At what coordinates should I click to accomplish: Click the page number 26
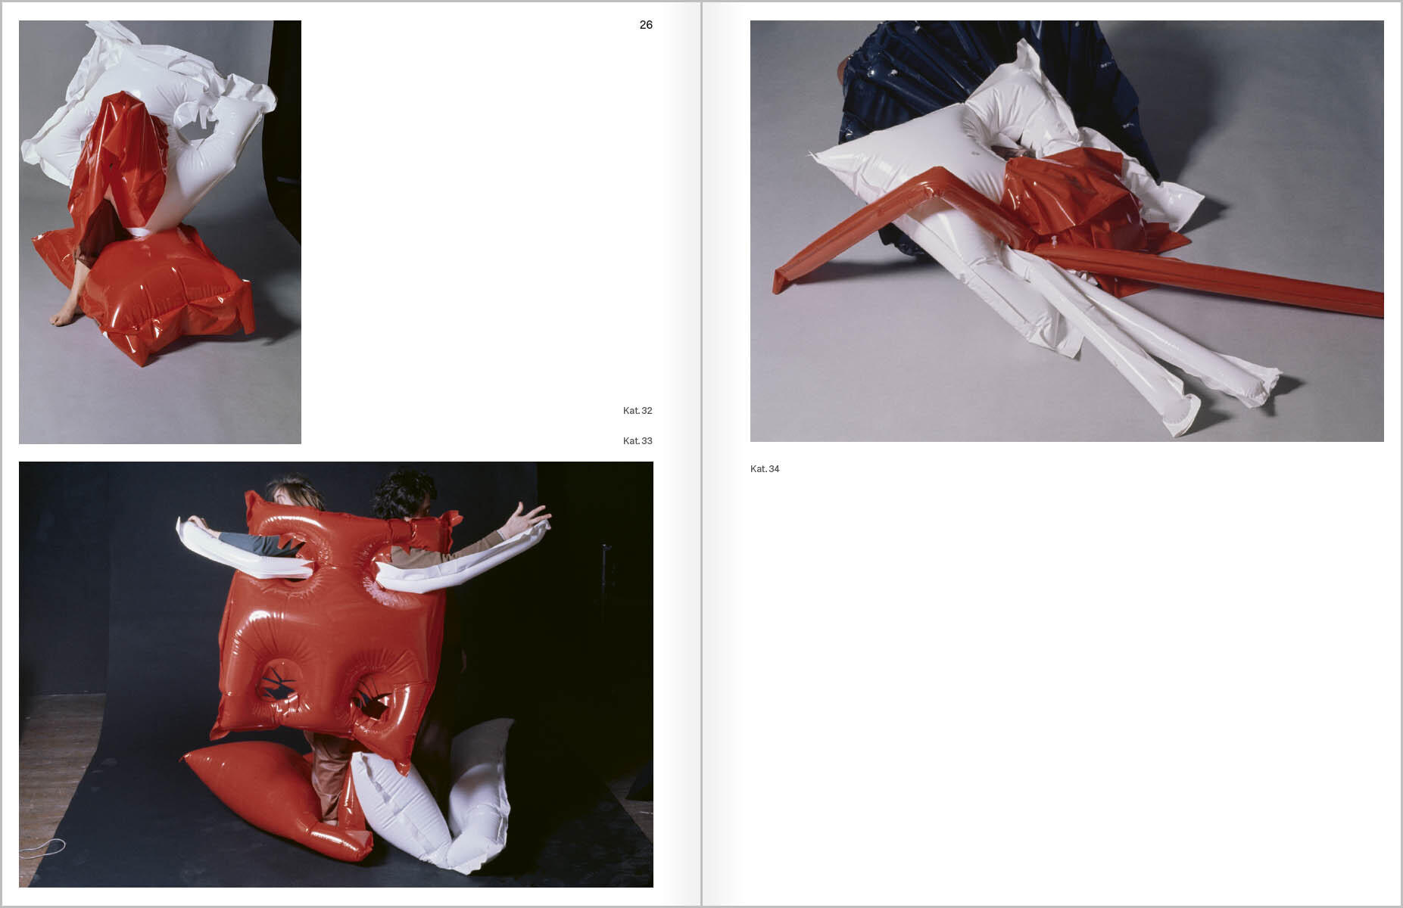[646, 25]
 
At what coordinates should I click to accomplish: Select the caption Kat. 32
[638, 411]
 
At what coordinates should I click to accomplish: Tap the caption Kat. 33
[638, 441]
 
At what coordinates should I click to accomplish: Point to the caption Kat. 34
[765, 469]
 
